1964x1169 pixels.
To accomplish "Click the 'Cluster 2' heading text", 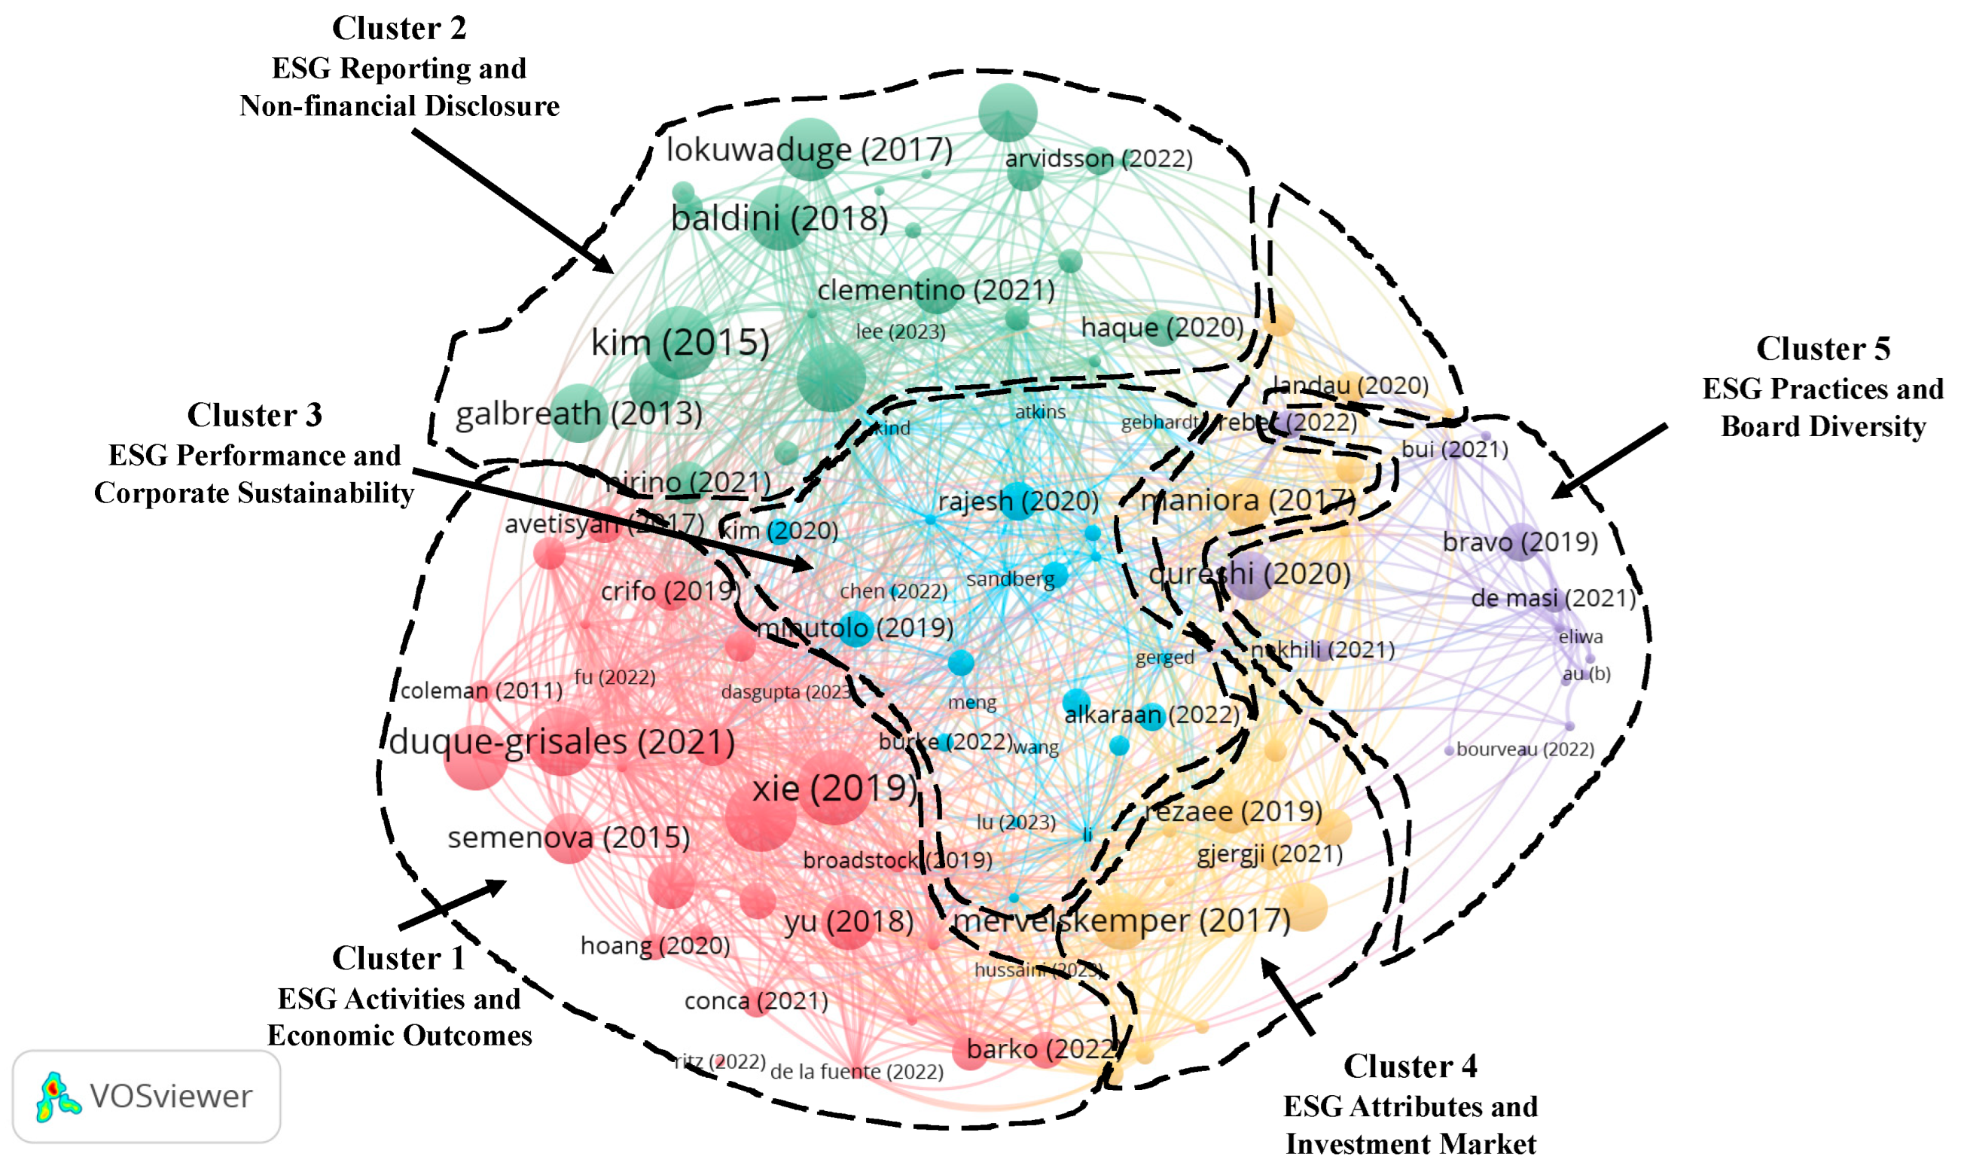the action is (x=398, y=29).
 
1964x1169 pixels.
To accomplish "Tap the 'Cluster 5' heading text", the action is (x=1822, y=349).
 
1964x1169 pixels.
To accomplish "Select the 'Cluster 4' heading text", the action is (x=1410, y=1066).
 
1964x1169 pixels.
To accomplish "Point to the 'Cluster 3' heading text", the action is (x=255, y=415).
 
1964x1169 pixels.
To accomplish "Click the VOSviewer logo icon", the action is (x=56, y=1096).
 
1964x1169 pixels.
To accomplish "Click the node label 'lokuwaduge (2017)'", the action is (x=809, y=150).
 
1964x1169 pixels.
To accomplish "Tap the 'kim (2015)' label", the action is (x=679, y=343).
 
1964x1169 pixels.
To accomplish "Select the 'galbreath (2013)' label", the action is (x=579, y=414).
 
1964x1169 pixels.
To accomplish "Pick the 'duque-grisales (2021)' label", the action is (x=562, y=742).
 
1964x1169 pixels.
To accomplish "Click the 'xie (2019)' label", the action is (x=834, y=789).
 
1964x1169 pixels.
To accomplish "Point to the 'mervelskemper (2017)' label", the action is (x=1121, y=920).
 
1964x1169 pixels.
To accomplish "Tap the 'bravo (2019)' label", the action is (x=1519, y=542).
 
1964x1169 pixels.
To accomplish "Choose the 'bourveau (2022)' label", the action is (x=1524, y=749).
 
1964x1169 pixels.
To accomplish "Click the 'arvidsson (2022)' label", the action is (x=1098, y=159).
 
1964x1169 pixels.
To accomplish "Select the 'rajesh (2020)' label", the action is (x=1017, y=501).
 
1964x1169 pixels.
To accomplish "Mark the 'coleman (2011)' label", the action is (x=481, y=691).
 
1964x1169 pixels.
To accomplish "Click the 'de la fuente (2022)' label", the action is (x=856, y=1071).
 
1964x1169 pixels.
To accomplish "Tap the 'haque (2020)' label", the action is (x=1161, y=327).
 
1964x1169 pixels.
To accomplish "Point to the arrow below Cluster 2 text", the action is (x=512, y=202).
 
